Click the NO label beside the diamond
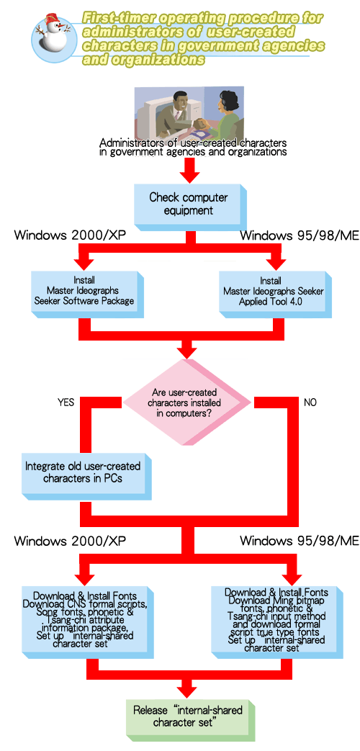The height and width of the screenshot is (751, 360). click(310, 403)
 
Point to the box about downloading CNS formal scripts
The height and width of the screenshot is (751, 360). click(85, 619)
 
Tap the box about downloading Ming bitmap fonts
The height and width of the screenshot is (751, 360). click(277, 619)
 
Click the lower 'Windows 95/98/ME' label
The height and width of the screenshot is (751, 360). click(299, 541)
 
